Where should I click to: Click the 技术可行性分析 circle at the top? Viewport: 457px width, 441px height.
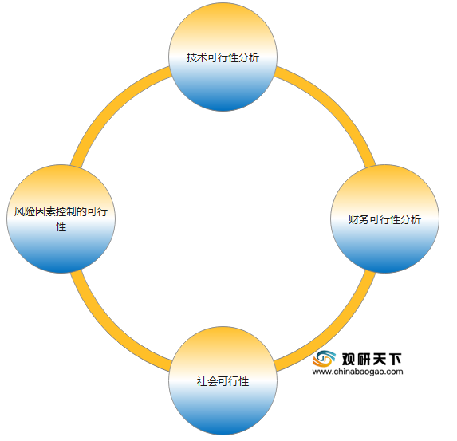click(223, 57)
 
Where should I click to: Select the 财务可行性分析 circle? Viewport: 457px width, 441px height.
click(384, 219)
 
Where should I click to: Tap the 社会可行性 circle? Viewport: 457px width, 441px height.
click(223, 380)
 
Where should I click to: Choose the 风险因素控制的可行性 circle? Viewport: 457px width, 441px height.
click(61, 219)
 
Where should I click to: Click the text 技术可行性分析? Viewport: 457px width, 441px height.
click(223, 57)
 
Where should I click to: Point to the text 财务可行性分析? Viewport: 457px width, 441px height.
click(384, 219)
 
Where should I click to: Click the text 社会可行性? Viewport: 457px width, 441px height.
click(223, 381)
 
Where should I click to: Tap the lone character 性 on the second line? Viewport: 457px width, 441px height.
click(61, 226)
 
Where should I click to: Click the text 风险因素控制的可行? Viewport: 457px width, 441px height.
click(61, 211)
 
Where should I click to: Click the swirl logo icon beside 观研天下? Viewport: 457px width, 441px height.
click(324, 359)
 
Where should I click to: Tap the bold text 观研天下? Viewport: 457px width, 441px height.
click(372, 359)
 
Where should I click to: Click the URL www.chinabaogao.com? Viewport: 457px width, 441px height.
click(357, 372)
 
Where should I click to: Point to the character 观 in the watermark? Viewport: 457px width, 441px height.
click(349, 359)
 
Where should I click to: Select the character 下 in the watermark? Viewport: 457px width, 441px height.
click(395, 359)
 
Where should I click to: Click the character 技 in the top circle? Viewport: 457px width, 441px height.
click(191, 57)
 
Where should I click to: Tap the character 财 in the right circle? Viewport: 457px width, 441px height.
click(353, 219)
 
